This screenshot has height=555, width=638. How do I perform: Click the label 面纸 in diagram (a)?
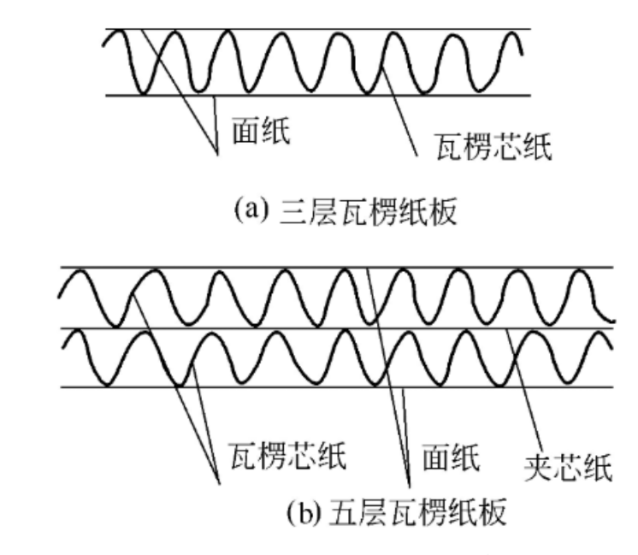tap(261, 130)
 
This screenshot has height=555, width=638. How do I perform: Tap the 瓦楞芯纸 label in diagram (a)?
tap(493, 146)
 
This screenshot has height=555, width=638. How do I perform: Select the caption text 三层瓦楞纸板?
tap(369, 211)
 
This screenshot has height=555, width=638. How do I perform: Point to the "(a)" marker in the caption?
tap(251, 210)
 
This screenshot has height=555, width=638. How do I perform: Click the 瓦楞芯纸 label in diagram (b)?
tap(288, 456)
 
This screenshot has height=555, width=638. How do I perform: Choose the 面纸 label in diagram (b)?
tap(451, 457)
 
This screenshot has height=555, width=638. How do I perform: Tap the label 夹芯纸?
tap(569, 468)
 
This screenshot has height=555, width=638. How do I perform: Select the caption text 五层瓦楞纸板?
tap(417, 511)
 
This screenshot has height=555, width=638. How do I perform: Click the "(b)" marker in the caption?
tap(304, 511)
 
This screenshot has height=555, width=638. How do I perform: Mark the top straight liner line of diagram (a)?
tap(318, 29)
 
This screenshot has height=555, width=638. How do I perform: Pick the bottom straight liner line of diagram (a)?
tap(318, 96)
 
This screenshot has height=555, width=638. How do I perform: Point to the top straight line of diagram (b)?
tap(337, 268)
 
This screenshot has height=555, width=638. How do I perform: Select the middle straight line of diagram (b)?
tap(337, 328)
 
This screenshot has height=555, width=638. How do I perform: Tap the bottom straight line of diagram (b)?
tap(337, 387)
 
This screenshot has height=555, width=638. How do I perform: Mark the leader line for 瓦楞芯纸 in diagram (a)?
tap(399, 110)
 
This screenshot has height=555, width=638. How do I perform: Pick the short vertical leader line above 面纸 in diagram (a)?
tap(216, 126)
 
